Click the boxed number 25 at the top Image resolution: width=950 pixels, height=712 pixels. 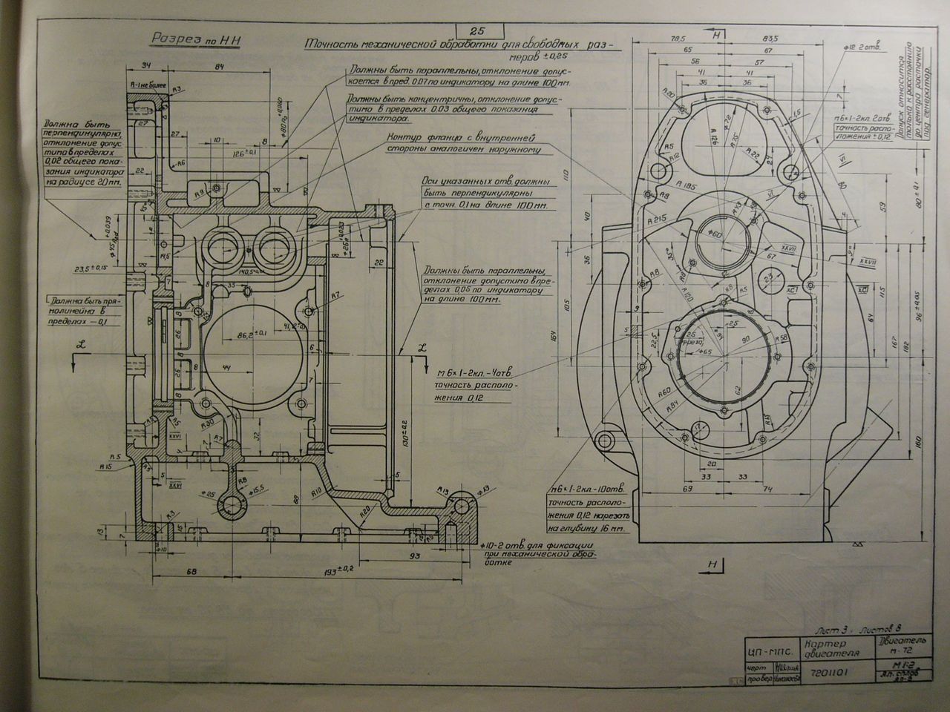pyautogui.click(x=477, y=30)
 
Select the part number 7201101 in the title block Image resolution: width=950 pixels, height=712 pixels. pyautogui.click(x=826, y=673)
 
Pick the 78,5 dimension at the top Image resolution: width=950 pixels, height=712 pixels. pyautogui.click(x=676, y=39)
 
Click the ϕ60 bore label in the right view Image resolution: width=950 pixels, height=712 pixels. pyautogui.click(x=715, y=234)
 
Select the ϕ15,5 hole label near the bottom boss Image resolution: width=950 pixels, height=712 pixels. pyautogui.click(x=258, y=490)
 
